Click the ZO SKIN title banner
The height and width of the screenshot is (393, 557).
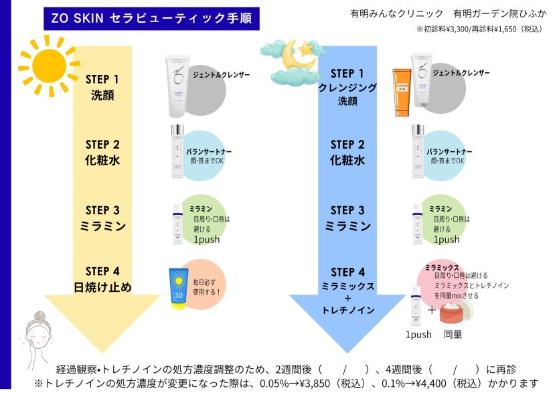[x=151, y=18]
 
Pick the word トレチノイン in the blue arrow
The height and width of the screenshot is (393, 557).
[x=347, y=310]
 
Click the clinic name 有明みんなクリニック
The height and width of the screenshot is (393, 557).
[x=396, y=13]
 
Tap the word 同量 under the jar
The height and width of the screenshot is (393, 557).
[x=453, y=334]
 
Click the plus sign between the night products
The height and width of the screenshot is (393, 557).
[x=431, y=310]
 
